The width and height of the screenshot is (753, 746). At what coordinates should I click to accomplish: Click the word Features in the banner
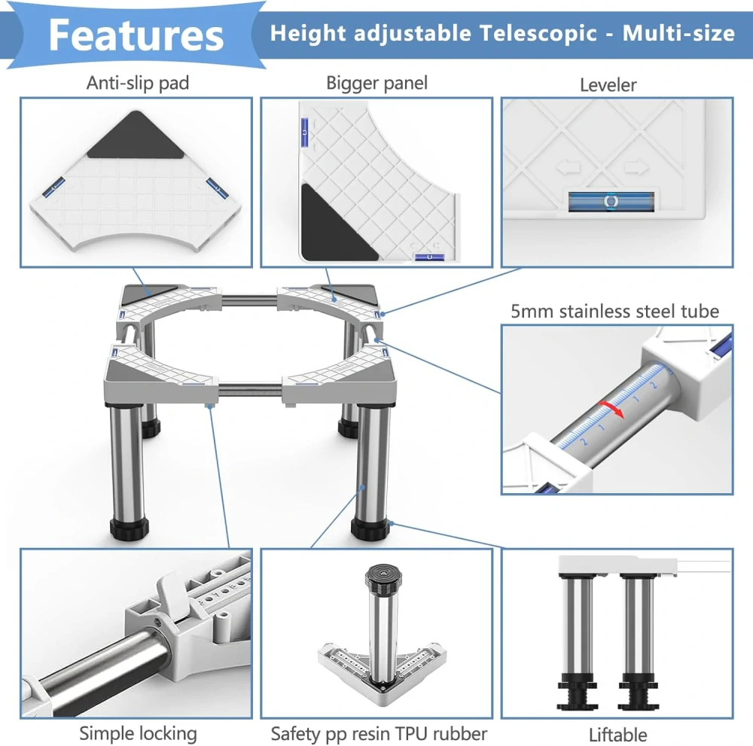(136, 35)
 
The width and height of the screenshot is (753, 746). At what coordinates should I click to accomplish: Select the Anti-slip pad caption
(137, 83)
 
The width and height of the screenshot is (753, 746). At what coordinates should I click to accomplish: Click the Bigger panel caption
(376, 83)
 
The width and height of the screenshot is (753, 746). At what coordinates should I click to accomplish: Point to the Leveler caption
(608, 85)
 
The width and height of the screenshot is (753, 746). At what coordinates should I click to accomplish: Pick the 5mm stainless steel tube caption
(614, 312)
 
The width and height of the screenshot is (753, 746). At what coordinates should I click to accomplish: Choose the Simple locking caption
(138, 733)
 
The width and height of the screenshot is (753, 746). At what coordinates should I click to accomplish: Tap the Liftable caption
(617, 735)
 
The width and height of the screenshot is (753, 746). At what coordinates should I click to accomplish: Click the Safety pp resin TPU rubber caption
(379, 734)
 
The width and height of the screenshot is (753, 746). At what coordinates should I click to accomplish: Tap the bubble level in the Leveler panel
(611, 201)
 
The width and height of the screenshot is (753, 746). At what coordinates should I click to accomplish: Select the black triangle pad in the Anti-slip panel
(136, 135)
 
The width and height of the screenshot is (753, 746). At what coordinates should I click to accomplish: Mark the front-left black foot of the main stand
(129, 528)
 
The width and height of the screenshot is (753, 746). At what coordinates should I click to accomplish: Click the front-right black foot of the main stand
(370, 528)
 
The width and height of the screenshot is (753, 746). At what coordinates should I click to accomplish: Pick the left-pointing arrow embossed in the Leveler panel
(569, 169)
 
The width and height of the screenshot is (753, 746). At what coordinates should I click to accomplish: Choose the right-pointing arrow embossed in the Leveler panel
(637, 168)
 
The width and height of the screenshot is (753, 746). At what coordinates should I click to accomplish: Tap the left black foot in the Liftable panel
(576, 690)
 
